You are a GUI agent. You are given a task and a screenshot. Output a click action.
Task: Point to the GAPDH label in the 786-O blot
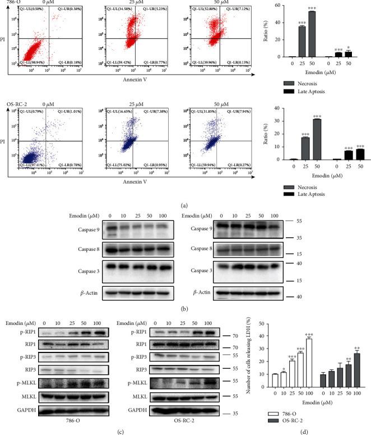pyautogui.click(x=22, y=411)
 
